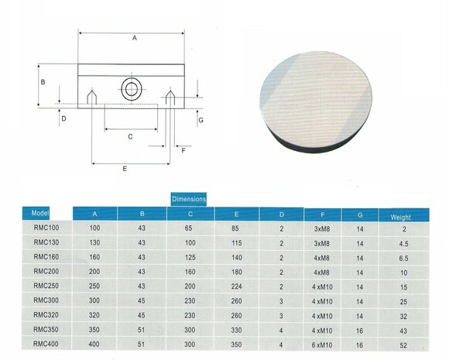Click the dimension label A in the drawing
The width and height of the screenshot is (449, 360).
(x=134, y=37)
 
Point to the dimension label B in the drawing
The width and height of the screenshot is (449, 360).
(x=43, y=81)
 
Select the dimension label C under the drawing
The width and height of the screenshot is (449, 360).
(x=130, y=136)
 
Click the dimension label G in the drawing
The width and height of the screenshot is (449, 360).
(x=201, y=121)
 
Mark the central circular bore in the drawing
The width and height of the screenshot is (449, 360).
(x=130, y=88)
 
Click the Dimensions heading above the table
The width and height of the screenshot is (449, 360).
(x=189, y=199)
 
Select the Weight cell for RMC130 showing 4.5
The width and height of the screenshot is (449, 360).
(x=403, y=242)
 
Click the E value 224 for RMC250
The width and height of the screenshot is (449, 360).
(x=236, y=285)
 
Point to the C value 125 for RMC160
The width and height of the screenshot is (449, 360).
(x=189, y=256)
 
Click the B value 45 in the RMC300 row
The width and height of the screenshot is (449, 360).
(x=142, y=299)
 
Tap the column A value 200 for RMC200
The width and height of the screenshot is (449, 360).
(x=95, y=271)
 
